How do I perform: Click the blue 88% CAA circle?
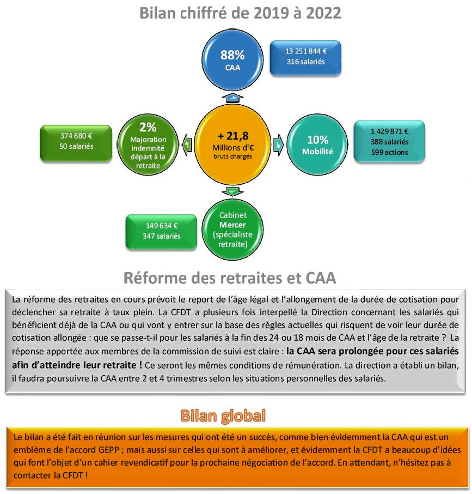(x=232, y=60)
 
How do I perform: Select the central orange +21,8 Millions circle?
(x=232, y=144)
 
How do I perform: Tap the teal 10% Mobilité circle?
(x=317, y=144)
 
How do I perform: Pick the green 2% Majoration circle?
(x=148, y=144)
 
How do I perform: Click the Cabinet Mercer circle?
(x=232, y=230)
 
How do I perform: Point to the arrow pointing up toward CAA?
(x=232, y=98)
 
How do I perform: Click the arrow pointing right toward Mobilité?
(x=278, y=144)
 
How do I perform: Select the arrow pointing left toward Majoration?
(x=187, y=144)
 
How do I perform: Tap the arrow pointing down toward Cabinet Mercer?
(x=232, y=191)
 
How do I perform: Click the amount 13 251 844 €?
(x=305, y=51)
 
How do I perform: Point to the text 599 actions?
(x=389, y=153)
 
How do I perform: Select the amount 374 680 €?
(x=76, y=136)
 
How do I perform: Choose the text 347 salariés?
(x=161, y=236)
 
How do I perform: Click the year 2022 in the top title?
(x=323, y=13)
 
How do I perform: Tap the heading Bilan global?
(x=223, y=415)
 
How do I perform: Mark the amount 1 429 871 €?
(x=389, y=131)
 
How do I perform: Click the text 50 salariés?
(x=76, y=146)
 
